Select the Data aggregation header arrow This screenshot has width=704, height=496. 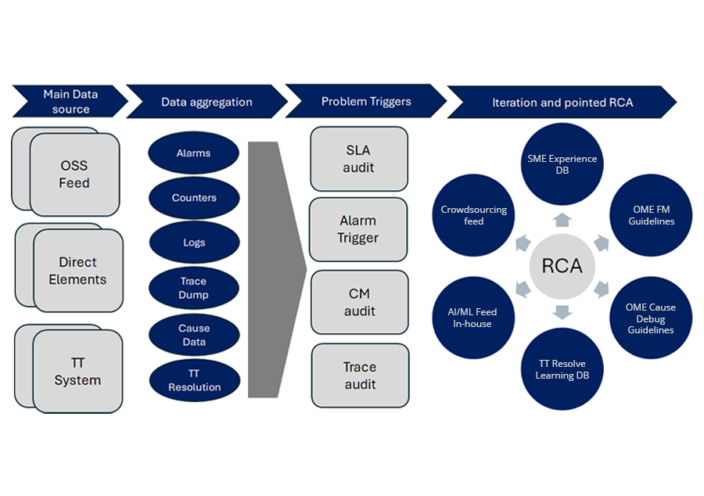click(207, 102)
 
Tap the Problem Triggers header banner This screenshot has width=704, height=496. click(365, 102)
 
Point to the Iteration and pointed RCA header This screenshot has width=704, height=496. click(562, 102)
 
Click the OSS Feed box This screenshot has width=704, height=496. click(74, 174)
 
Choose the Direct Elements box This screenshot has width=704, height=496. click(77, 271)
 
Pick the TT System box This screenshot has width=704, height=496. click(77, 372)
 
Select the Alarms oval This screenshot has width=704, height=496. click(193, 153)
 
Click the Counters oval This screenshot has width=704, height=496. click(194, 198)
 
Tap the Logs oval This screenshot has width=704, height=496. click(194, 243)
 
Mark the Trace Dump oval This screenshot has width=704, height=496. click(194, 288)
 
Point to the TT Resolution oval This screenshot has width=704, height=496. click(194, 380)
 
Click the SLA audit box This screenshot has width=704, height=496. click(359, 159)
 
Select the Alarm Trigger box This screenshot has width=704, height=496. click(358, 229)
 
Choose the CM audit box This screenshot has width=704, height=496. click(360, 302)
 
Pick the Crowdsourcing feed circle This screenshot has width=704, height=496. click(473, 215)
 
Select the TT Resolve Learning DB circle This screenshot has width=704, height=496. click(562, 369)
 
